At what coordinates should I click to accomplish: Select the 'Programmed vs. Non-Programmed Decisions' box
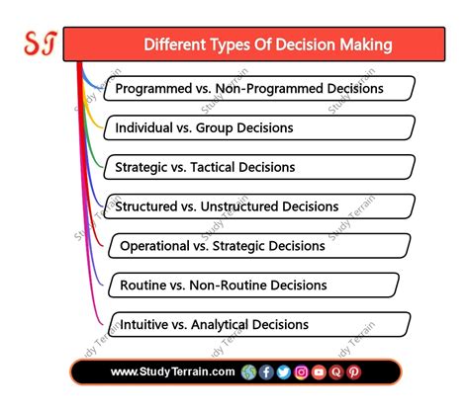point(261,89)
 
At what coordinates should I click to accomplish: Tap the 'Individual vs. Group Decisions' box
point(259,128)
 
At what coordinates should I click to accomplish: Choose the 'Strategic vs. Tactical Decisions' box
point(259,167)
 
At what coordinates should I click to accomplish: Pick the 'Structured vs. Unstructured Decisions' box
point(259,206)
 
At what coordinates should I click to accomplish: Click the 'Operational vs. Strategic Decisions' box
point(259,246)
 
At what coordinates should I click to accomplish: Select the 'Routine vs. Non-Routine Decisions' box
point(259,286)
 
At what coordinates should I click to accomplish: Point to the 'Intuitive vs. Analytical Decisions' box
point(259,324)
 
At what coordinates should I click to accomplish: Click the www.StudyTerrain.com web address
point(173,372)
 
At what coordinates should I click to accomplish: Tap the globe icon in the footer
point(247,372)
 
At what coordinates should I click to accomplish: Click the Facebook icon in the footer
point(266,372)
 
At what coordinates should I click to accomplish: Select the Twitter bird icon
point(284,372)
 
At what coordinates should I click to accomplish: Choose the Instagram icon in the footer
point(301,372)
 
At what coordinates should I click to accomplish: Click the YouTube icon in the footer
point(319,372)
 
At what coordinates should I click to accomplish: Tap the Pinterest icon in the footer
point(353,372)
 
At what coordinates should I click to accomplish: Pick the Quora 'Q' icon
point(336,372)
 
